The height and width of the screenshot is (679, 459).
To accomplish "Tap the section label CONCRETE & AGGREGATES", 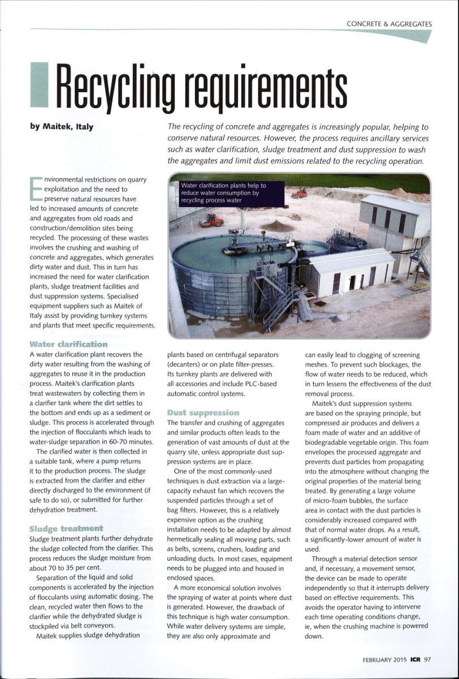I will point(389,24).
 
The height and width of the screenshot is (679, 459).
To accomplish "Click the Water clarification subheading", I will point(68,343).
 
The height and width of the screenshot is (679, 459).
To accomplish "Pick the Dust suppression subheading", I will point(203,412).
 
